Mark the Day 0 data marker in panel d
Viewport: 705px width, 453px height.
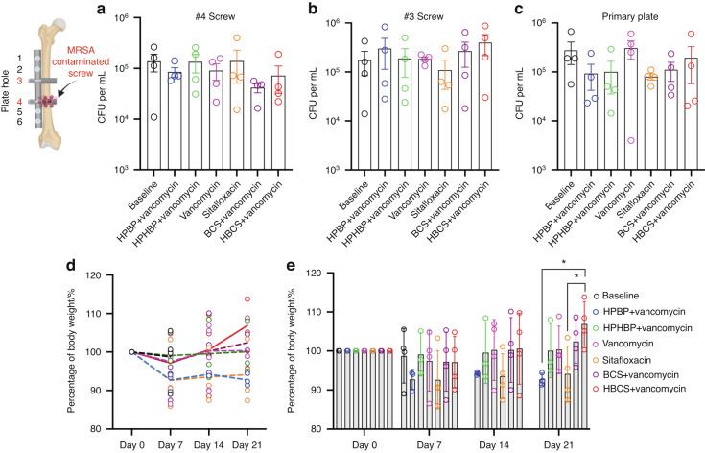(x=131, y=351)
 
